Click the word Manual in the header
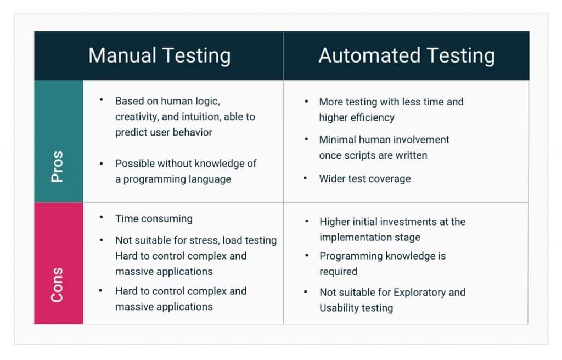point(122,56)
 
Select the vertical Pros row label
point(58,167)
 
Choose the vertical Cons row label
point(58,285)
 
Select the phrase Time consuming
point(154,218)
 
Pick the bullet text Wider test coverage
point(364,178)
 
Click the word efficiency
point(373,117)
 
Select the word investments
point(406,222)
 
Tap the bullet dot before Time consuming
point(102,217)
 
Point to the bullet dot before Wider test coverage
point(306,178)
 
